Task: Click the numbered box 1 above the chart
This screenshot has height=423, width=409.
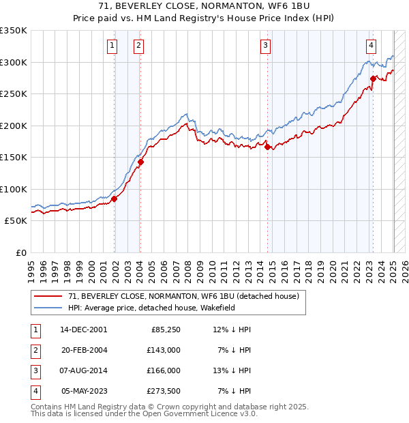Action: point(112,46)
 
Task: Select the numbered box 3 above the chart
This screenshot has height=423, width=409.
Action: point(265,46)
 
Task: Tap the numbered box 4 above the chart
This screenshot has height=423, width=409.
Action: point(371,46)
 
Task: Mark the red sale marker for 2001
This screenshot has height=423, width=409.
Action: point(115,199)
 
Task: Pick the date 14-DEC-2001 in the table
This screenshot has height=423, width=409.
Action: point(84,330)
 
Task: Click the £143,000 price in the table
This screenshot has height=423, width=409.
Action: point(164,350)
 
